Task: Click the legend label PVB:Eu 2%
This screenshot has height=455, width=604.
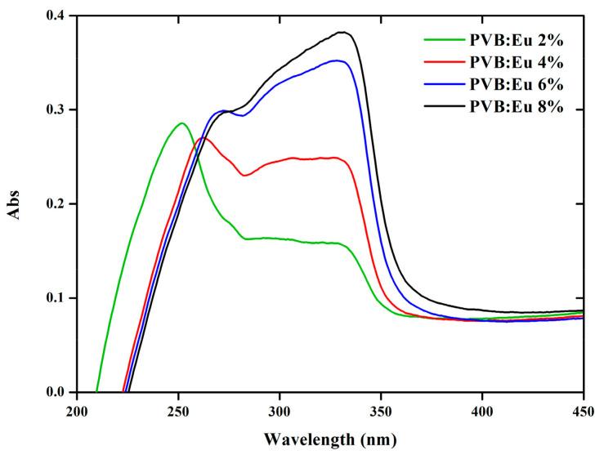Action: tap(516, 38)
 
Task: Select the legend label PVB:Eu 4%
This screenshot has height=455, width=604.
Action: tap(516, 61)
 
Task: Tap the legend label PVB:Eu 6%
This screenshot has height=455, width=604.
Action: tap(516, 85)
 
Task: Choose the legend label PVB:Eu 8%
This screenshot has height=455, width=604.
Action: tap(516, 109)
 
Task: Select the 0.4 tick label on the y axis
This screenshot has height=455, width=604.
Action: tap(56, 16)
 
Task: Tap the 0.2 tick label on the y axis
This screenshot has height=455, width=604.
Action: tap(56, 204)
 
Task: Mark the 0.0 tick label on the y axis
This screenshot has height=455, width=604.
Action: tap(56, 392)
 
